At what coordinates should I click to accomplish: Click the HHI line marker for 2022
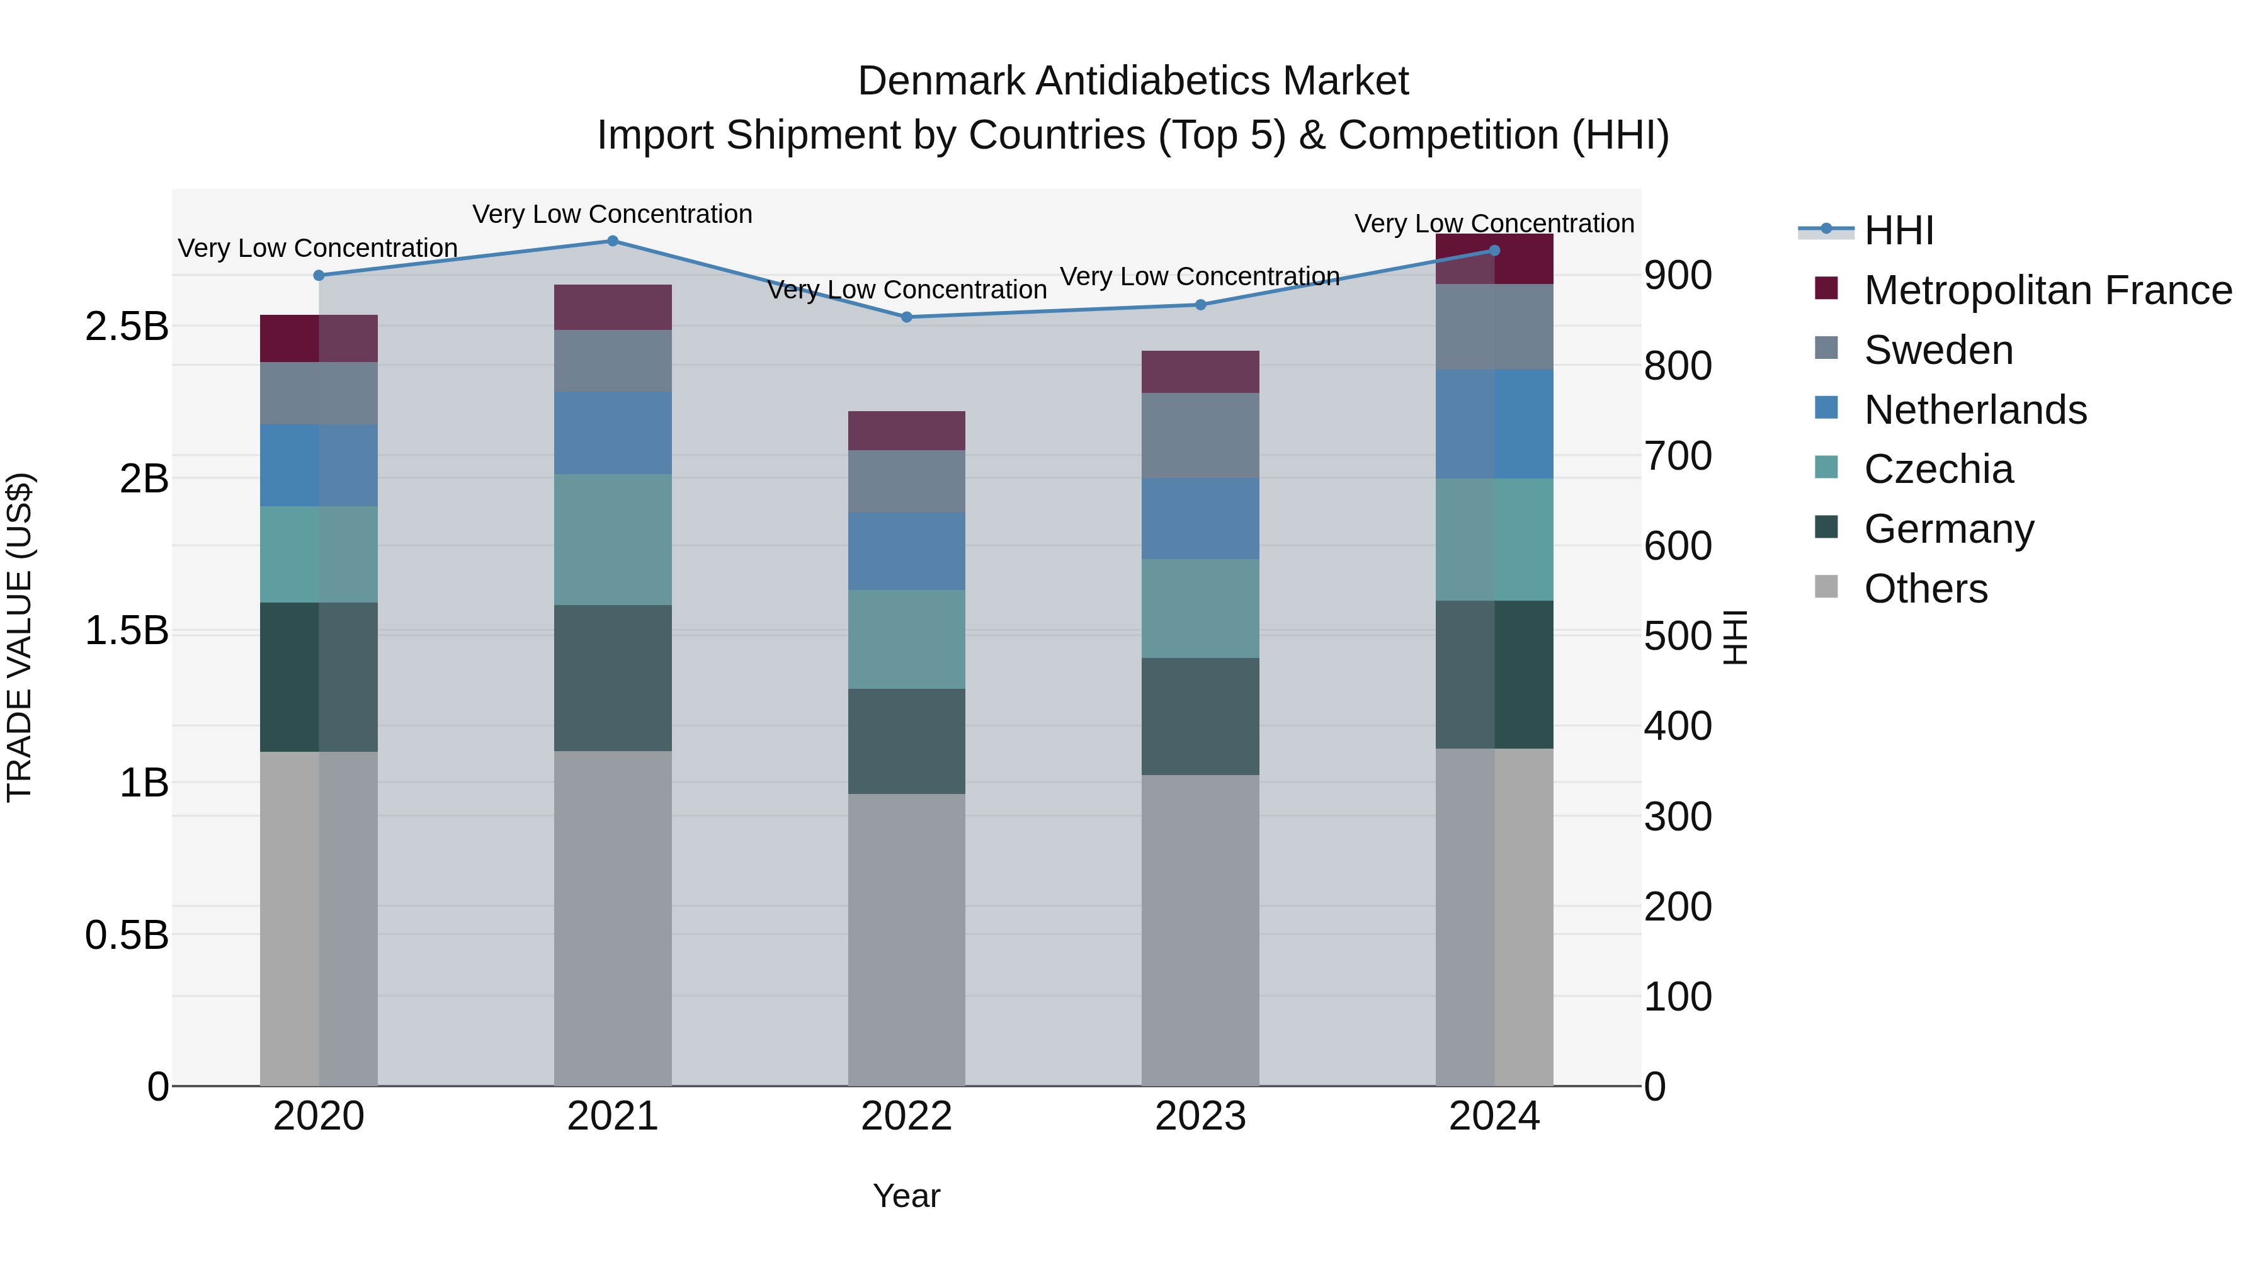coord(906,317)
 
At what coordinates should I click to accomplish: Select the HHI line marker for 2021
coord(613,241)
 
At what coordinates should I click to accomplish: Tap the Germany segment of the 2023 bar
coord(1200,717)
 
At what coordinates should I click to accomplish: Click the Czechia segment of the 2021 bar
coord(613,540)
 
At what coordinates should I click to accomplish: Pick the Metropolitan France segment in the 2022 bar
coord(906,430)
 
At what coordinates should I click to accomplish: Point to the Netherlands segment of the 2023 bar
coord(1200,518)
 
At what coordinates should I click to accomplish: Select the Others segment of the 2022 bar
coord(906,940)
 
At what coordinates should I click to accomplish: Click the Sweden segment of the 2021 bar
coord(613,361)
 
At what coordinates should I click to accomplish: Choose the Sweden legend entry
coord(1938,350)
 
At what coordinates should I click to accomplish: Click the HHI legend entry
coord(1898,230)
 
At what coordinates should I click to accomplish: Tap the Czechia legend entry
coord(1938,469)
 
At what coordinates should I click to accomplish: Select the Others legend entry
coord(1926,589)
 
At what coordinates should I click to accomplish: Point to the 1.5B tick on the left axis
coord(127,631)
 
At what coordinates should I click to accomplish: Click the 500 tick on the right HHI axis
coord(1678,635)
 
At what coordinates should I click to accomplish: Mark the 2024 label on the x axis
coord(1494,1116)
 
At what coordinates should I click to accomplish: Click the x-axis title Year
coord(906,1196)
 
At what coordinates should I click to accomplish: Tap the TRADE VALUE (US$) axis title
coord(20,637)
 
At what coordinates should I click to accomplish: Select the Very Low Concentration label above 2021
coord(613,214)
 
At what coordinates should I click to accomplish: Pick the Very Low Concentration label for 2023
coord(1200,276)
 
